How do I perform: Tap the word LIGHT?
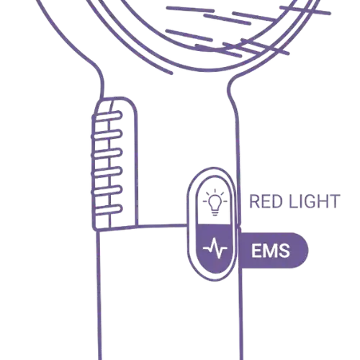click(x=315, y=202)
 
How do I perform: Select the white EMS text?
click(x=271, y=251)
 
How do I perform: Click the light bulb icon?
click(x=215, y=202)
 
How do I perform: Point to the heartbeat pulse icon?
click(x=215, y=248)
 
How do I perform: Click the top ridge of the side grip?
click(x=107, y=117)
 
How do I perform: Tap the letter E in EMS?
click(x=257, y=251)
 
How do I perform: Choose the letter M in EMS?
click(x=271, y=251)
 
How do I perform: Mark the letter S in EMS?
click(x=284, y=251)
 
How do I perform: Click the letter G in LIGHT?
click(x=308, y=202)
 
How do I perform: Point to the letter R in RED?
click(x=255, y=202)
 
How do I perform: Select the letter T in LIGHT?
click(x=335, y=202)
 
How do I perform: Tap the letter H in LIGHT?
click(x=323, y=202)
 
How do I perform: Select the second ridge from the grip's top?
click(x=107, y=135)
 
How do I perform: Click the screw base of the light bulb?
click(x=215, y=212)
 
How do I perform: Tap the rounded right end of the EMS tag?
click(x=303, y=250)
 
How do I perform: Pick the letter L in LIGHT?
click(x=293, y=202)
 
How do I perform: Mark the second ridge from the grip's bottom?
click(x=107, y=191)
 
